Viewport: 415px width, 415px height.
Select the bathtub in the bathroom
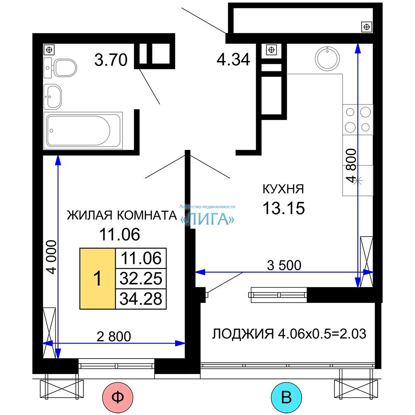pos(83,130)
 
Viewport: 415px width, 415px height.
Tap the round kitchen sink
pos(327,58)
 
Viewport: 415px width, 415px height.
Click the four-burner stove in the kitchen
pos(358,120)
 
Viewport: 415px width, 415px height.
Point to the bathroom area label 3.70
pos(111,59)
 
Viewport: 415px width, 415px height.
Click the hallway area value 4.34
pos(233,59)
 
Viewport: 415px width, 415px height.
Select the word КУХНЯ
pos(283,189)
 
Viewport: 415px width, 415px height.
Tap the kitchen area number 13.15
pos(283,208)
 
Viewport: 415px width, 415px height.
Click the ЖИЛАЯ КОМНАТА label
pos(122,215)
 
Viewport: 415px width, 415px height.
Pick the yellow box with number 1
pos(98,278)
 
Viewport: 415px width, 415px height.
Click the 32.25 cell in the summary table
pos(141,278)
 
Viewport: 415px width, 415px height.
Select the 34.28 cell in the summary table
pos(141,299)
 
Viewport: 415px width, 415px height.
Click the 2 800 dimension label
pos(114,337)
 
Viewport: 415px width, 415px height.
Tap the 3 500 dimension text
pos(284,265)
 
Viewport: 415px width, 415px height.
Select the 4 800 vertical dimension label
pos(352,166)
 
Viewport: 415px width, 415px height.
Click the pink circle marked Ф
pos(117,397)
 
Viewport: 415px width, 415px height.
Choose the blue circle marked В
pos(286,397)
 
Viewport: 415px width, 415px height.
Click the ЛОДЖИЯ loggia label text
pos(289,334)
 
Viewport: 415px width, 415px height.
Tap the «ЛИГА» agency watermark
pos(207,219)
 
